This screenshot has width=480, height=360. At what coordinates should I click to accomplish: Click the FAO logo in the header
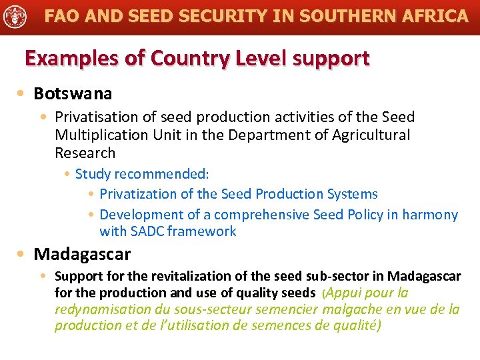tap(15, 16)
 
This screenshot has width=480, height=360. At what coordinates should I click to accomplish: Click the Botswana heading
tap(73, 93)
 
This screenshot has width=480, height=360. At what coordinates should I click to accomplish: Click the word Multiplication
tap(98, 135)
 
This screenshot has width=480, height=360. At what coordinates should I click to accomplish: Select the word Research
tap(85, 153)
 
